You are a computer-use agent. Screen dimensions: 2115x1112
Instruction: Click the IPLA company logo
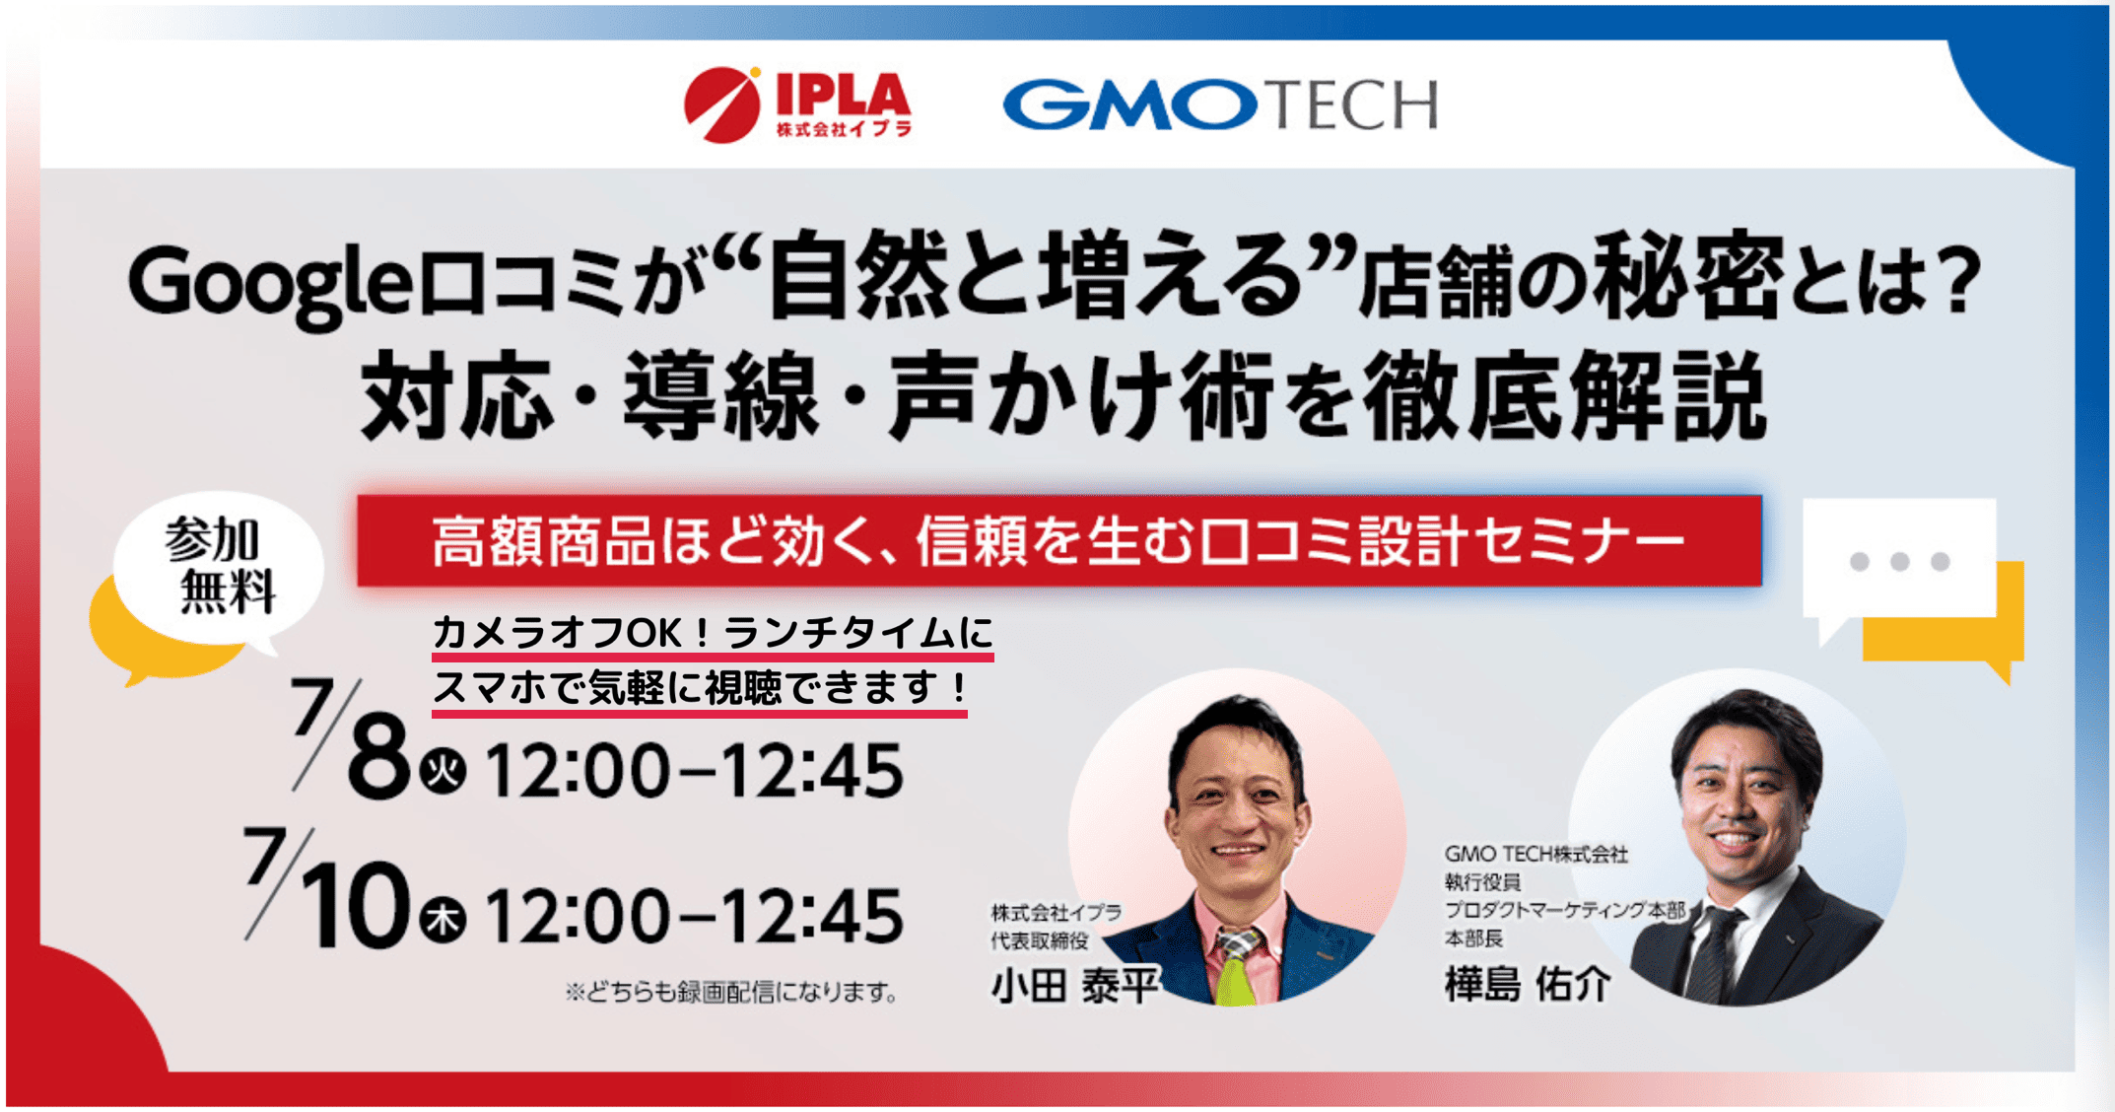pos(797,104)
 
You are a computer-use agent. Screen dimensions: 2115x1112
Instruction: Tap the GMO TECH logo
pos(1220,104)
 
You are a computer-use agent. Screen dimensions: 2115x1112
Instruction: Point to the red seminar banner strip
pos(1059,541)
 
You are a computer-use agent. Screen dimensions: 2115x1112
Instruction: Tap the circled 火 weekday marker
pos(443,770)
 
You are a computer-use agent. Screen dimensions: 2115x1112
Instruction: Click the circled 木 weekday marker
pos(443,920)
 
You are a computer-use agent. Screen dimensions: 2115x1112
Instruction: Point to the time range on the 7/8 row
pos(694,771)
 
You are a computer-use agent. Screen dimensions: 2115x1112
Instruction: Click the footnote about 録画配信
pos(731,992)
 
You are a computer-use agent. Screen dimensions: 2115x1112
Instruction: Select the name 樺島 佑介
pos(1528,983)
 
